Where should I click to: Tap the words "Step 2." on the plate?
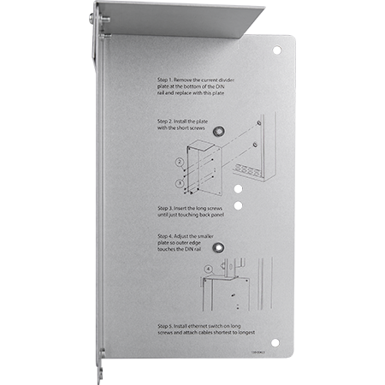[167, 121]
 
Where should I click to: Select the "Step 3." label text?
[167, 207]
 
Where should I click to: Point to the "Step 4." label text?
[167, 235]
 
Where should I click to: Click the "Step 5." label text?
[167, 326]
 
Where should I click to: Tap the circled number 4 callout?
[207, 271]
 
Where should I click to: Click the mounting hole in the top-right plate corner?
[276, 50]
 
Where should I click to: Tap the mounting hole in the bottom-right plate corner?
[275, 342]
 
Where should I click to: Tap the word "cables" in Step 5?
[216, 332]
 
